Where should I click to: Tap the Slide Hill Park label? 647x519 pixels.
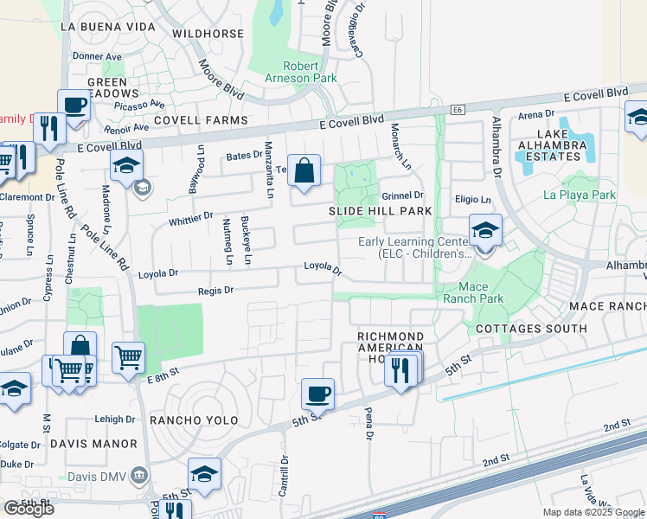[x=380, y=211]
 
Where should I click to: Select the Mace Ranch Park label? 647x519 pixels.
[x=473, y=292]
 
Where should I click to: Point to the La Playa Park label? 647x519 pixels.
[x=580, y=195]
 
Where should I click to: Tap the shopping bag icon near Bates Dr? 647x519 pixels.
[x=304, y=170]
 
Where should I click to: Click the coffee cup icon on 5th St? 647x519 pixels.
[x=317, y=394]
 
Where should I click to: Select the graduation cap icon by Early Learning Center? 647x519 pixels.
[x=485, y=230]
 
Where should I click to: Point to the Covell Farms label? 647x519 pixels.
[x=201, y=120]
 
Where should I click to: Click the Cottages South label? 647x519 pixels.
[x=531, y=329]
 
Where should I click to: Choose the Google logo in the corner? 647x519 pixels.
[x=29, y=509]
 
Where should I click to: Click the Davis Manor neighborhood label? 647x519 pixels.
[x=93, y=444]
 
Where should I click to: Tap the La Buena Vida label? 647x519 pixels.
[x=108, y=27]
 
